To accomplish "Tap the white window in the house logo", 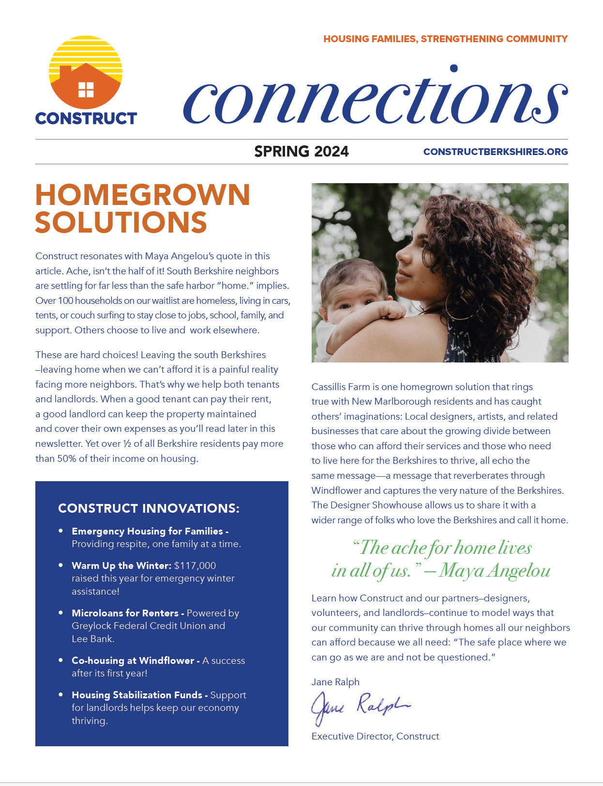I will point(86,90).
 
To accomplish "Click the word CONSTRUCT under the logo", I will point(86,119).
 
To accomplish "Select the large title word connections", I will point(375,99).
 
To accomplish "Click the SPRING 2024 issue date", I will point(301,152).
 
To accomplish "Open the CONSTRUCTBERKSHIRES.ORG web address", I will point(495,152).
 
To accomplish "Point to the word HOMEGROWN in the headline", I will point(143,195).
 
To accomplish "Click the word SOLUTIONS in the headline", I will point(121,222).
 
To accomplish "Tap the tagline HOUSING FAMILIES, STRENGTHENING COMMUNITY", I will point(445,39).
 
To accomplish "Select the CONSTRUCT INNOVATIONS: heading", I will point(149,508).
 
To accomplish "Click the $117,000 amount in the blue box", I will point(195,566).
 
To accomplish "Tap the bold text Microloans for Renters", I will point(125,613).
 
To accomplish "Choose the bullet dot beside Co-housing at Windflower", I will point(60,660).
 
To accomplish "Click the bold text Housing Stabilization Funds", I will point(137,695).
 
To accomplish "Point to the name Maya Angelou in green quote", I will point(495,571).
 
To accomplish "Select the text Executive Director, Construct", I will point(375,736).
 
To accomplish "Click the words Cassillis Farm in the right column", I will point(340,387).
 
